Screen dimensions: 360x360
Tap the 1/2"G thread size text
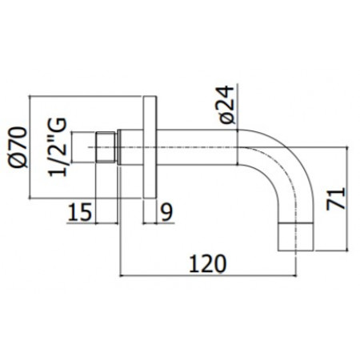click(x=58, y=148)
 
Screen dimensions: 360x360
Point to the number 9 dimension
click(x=166, y=213)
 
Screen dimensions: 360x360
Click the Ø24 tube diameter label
click(x=226, y=104)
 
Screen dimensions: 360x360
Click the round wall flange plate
click(x=150, y=147)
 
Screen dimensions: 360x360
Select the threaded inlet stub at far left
click(x=84, y=147)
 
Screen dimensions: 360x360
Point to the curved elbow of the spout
click(x=280, y=164)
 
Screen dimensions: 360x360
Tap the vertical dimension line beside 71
click(x=350, y=196)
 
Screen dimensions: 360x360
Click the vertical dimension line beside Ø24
click(x=239, y=112)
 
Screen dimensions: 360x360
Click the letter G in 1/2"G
click(x=58, y=125)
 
